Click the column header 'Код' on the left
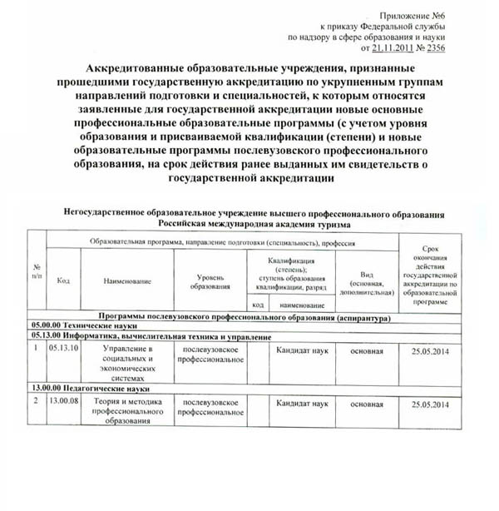63,280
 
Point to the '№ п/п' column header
37,271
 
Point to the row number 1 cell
37,350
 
